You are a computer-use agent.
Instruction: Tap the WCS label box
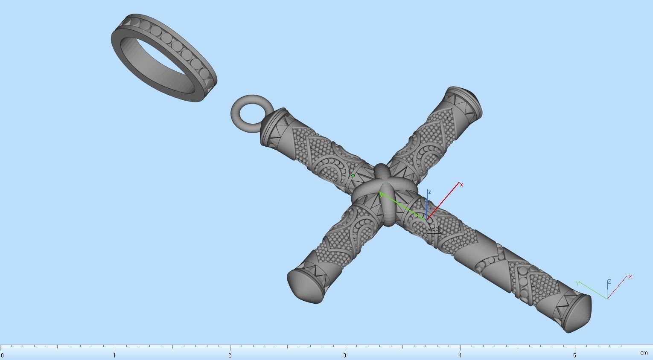click(x=434, y=229)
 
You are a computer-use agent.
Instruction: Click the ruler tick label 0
click(x=2, y=355)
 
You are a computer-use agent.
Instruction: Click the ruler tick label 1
click(x=114, y=355)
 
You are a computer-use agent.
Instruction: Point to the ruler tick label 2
click(x=230, y=355)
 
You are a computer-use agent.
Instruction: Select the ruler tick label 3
click(x=345, y=355)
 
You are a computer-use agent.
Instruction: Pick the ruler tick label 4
click(x=460, y=355)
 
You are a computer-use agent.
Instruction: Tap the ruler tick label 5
click(x=574, y=355)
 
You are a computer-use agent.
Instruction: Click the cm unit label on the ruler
click(x=644, y=353)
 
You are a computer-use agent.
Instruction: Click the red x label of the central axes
click(x=462, y=185)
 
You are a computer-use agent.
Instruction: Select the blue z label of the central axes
click(x=429, y=192)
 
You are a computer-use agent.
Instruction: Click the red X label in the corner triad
click(x=630, y=277)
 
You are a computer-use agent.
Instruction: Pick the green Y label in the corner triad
click(x=577, y=283)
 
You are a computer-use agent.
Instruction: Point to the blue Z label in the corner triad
click(x=609, y=282)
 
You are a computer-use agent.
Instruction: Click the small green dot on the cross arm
click(x=353, y=176)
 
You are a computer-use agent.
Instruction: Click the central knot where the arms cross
click(x=384, y=194)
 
